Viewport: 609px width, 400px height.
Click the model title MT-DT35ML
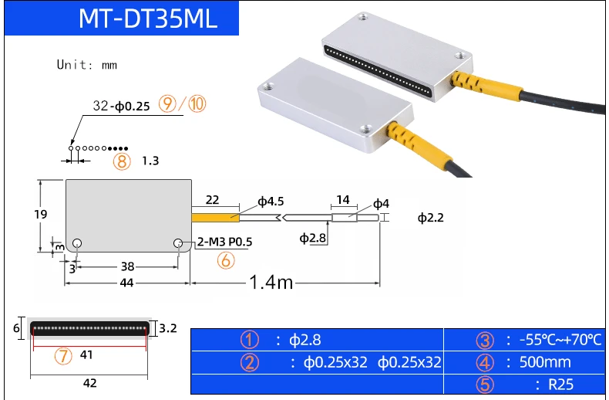click(x=147, y=18)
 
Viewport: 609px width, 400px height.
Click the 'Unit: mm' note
click(x=86, y=65)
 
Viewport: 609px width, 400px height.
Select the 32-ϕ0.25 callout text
click(x=121, y=106)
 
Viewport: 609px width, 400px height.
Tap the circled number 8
click(x=122, y=161)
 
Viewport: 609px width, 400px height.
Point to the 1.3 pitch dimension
click(x=150, y=161)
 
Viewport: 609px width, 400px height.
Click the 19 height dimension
click(x=40, y=215)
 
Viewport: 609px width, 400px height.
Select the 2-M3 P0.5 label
click(x=224, y=242)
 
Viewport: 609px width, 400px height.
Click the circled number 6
click(x=226, y=260)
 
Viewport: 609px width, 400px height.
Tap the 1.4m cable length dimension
click(x=271, y=282)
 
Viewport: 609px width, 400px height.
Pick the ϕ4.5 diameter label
click(x=271, y=202)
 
